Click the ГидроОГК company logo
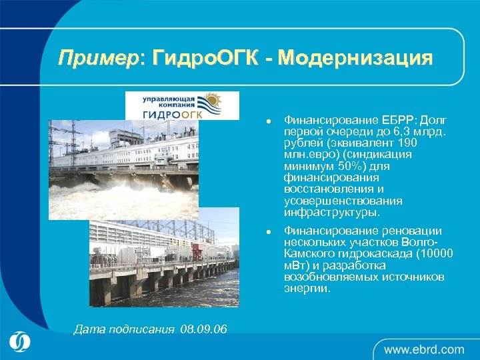pos(182,105)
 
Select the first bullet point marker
pos(266,121)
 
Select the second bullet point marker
pos(266,231)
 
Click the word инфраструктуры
pos(331,213)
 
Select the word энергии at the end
pos(307,289)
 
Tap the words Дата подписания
pos(124,329)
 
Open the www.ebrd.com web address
pos(424,349)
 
